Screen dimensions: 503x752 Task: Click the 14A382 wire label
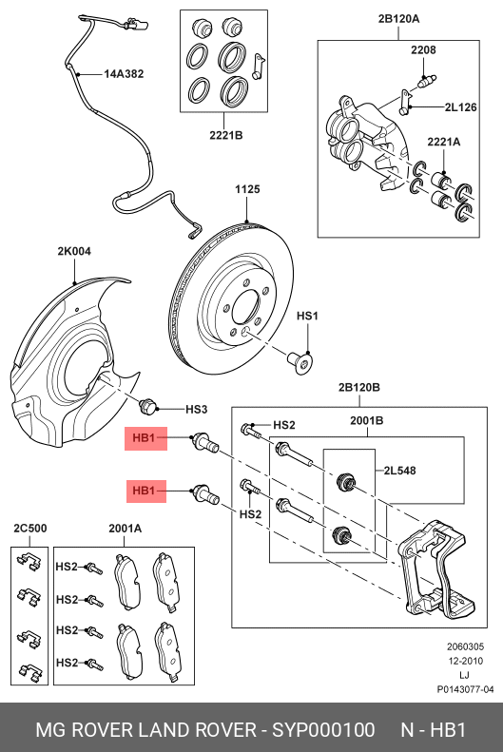(x=124, y=74)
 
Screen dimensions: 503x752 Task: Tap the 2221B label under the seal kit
(x=226, y=135)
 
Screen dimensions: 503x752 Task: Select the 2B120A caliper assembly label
(x=398, y=19)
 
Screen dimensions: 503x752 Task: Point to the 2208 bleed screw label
(x=423, y=49)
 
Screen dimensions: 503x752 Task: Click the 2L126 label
(x=461, y=107)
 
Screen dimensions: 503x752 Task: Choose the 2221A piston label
(x=443, y=142)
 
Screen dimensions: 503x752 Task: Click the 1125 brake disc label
(x=247, y=189)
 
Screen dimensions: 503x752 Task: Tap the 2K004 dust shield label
(x=74, y=251)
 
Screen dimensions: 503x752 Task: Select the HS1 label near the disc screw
(x=307, y=316)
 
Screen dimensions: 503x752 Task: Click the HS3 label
(x=196, y=410)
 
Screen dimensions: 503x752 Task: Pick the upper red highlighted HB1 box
(x=145, y=438)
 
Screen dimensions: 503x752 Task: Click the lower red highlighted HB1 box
(x=146, y=492)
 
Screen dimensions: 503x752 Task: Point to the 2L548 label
(x=399, y=471)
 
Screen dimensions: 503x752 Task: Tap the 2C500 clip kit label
(x=30, y=529)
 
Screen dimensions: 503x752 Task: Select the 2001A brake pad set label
(x=126, y=529)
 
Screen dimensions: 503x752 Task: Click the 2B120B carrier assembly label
(x=359, y=388)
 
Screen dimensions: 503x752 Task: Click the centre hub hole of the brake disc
(x=246, y=308)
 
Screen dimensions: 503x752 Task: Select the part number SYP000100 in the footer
(x=323, y=730)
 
